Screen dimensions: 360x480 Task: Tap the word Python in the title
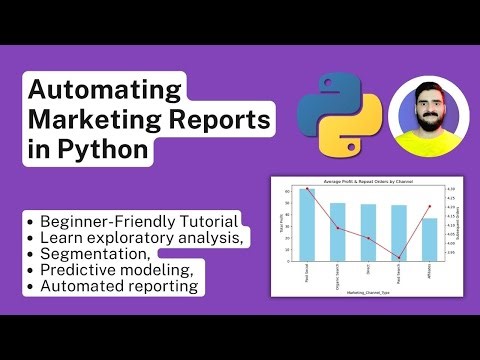102,152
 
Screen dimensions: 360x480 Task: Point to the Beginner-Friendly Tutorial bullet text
139,220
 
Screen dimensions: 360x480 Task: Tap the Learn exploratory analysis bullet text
141,237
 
